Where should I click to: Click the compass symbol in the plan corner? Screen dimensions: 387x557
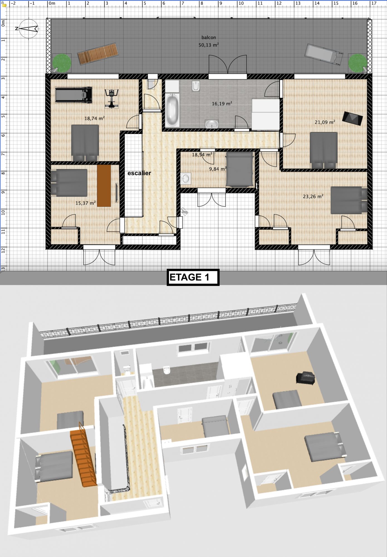click(x=28, y=28)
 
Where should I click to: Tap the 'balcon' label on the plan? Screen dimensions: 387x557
click(x=209, y=37)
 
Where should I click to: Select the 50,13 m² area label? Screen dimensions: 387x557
click(x=209, y=45)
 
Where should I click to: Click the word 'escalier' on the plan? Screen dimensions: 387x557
click(x=139, y=173)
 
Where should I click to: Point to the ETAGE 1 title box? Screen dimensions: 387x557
click(x=193, y=277)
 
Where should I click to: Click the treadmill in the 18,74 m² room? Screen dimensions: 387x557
click(x=74, y=95)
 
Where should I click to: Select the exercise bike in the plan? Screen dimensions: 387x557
click(x=111, y=98)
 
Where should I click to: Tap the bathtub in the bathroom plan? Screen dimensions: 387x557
click(x=172, y=110)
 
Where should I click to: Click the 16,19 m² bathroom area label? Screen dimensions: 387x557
click(x=222, y=104)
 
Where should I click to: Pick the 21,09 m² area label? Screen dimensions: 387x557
click(x=325, y=122)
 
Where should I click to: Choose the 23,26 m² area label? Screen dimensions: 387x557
click(x=313, y=196)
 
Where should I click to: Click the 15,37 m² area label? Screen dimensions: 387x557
click(x=86, y=203)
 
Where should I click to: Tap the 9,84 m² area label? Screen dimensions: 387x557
click(x=218, y=169)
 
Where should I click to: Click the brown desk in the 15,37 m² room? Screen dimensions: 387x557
click(x=104, y=185)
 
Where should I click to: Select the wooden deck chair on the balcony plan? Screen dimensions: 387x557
click(x=98, y=54)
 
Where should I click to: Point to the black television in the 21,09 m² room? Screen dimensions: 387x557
click(x=352, y=118)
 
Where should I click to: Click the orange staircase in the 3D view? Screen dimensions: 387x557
click(x=83, y=456)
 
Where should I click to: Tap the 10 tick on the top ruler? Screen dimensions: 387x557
click(x=241, y=3)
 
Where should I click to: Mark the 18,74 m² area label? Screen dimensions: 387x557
click(x=95, y=118)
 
